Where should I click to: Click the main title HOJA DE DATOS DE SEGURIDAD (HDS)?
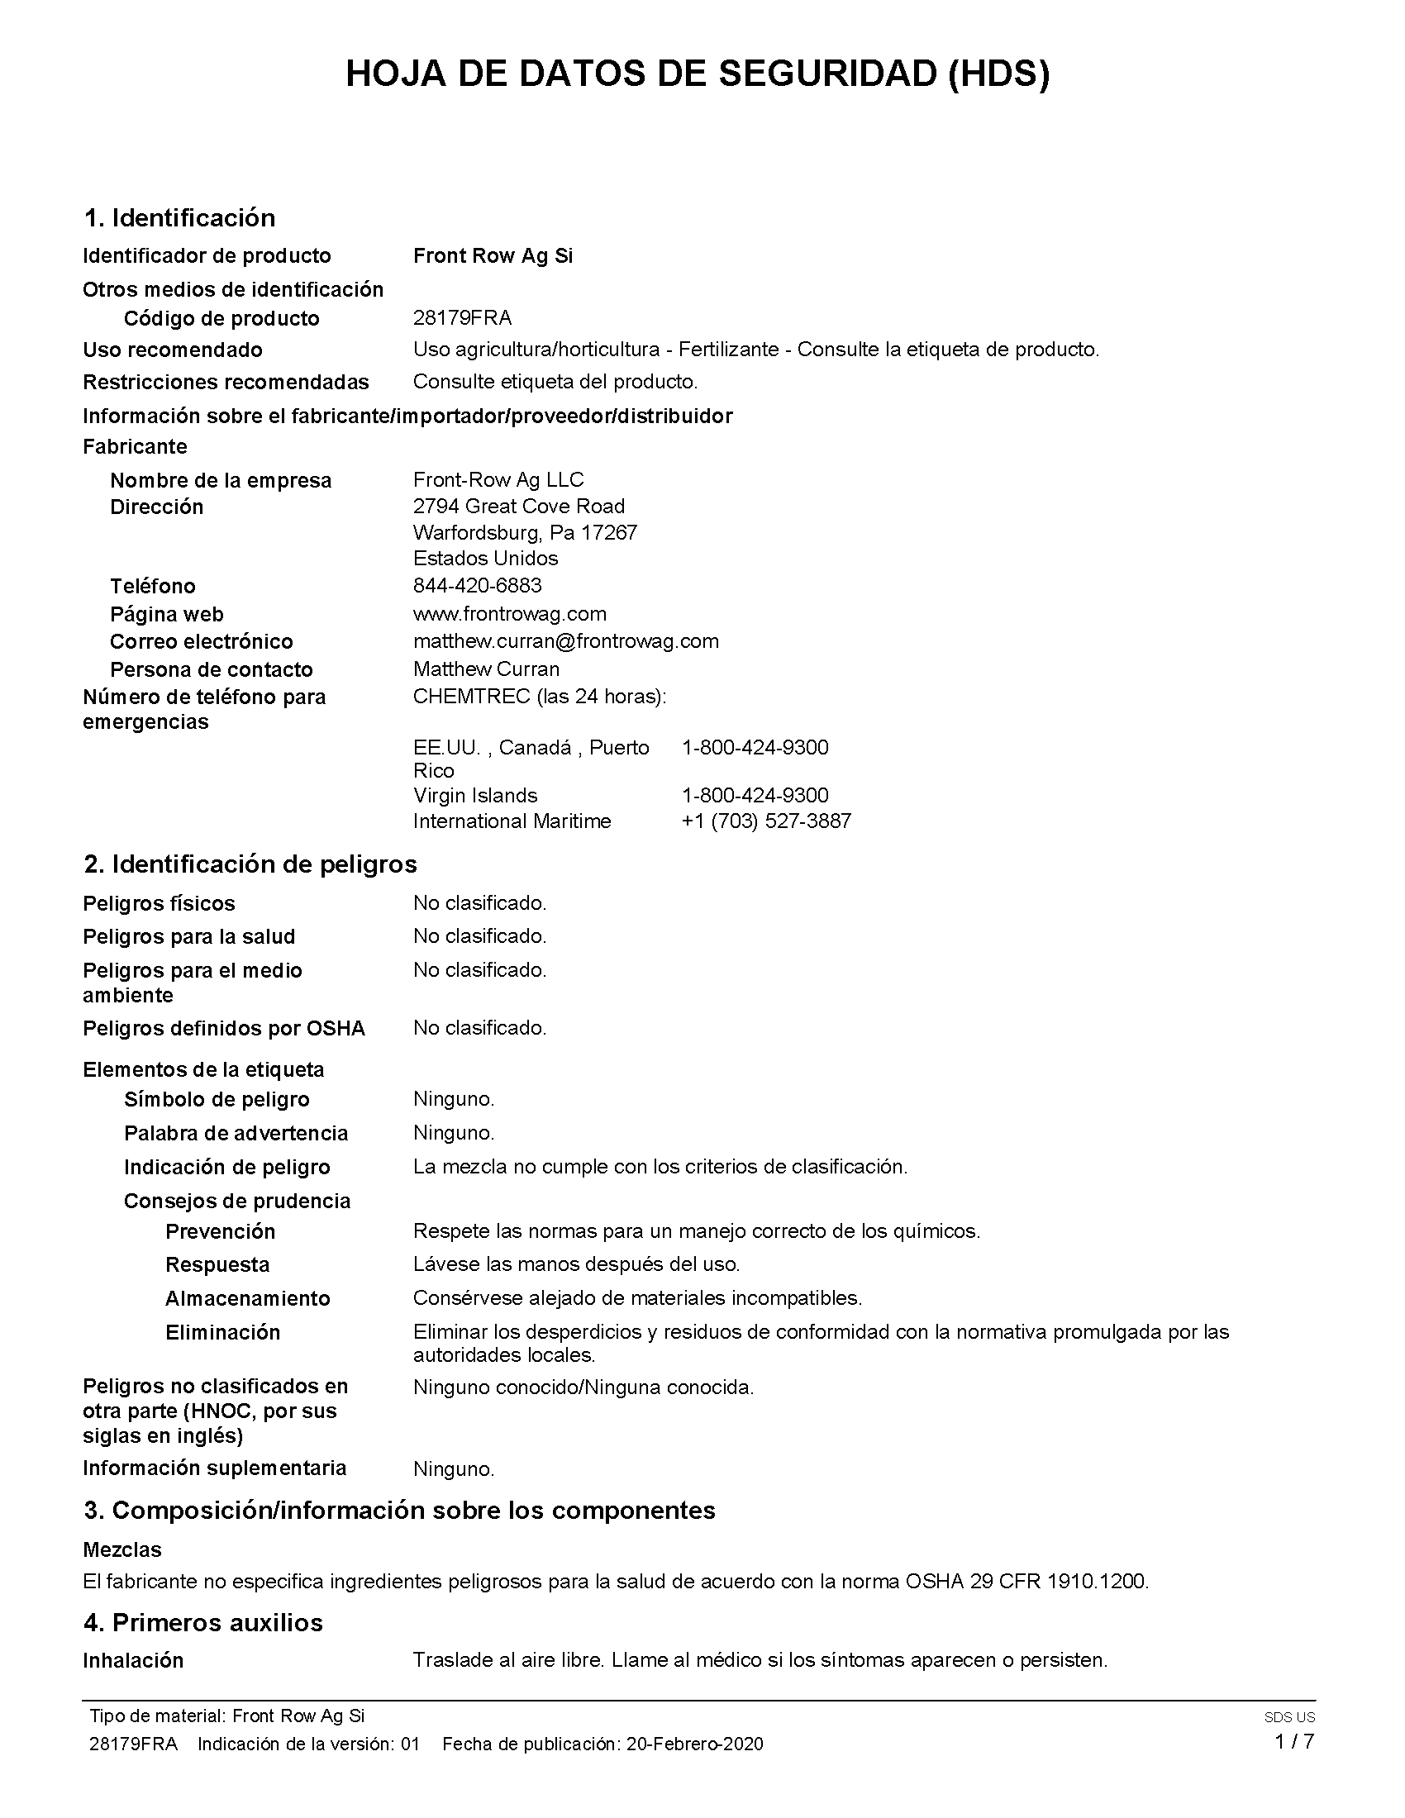tap(698, 75)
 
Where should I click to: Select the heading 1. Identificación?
tap(179, 218)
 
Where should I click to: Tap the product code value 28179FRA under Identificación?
tap(462, 318)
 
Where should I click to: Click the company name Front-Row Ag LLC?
tap(498, 479)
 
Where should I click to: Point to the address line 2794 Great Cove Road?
tap(518, 506)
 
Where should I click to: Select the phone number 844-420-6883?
tap(477, 585)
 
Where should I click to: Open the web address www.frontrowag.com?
tap(509, 613)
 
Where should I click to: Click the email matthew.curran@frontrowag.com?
tap(565, 641)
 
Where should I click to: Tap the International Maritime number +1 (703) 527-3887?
tap(766, 821)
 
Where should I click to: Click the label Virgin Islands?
tap(475, 795)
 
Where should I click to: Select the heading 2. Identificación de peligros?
tap(250, 864)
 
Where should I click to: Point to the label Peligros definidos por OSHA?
tap(224, 1029)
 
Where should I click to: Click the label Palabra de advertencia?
tap(236, 1133)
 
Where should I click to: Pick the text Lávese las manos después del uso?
tap(576, 1264)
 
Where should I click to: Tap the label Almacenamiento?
tap(247, 1298)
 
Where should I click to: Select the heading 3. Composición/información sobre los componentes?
tap(398, 1511)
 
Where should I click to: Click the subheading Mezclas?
tap(122, 1550)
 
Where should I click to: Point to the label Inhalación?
tap(133, 1661)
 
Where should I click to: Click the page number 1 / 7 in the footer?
tap(1294, 1741)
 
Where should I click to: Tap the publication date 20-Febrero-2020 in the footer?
tap(694, 1744)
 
